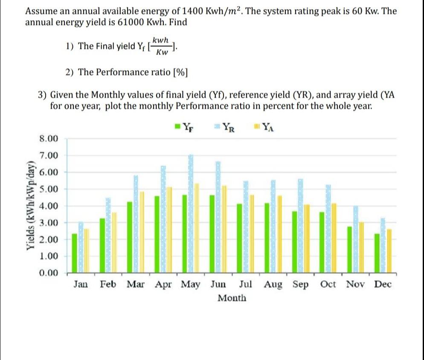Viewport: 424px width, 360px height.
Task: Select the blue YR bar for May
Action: click(191, 214)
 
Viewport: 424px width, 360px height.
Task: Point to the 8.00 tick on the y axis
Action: click(48, 138)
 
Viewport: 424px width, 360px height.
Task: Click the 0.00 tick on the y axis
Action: click(48, 272)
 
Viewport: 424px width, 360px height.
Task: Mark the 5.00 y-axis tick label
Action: click(48, 189)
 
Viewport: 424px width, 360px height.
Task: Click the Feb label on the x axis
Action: click(108, 284)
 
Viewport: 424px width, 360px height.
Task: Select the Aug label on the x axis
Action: click(273, 284)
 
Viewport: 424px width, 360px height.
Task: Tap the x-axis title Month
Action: click(232, 298)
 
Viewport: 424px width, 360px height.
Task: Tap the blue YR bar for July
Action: click(246, 227)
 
